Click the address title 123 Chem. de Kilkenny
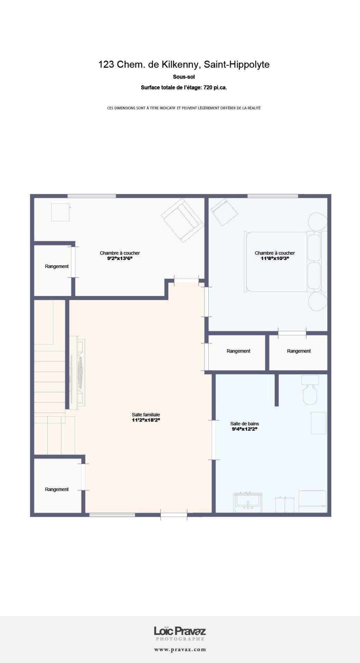(x=148, y=65)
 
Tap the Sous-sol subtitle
(x=184, y=77)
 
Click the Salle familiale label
(x=146, y=415)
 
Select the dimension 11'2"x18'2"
(x=146, y=420)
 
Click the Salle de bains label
(x=245, y=424)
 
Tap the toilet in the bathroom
(x=310, y=390)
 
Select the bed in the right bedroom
(x=286, y=261)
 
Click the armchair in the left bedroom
(x=182, y=220)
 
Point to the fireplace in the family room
(x=78, y=372)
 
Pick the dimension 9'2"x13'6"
(x=120, y=258)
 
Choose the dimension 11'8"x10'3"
(x=275, y=258)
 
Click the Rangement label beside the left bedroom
(x=57, y=266)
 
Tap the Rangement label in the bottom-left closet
(x=57, y=489)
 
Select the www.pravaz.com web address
(x=180, y=650)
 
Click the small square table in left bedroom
(x=60, y=212)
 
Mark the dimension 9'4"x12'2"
(x=245, y=429)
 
